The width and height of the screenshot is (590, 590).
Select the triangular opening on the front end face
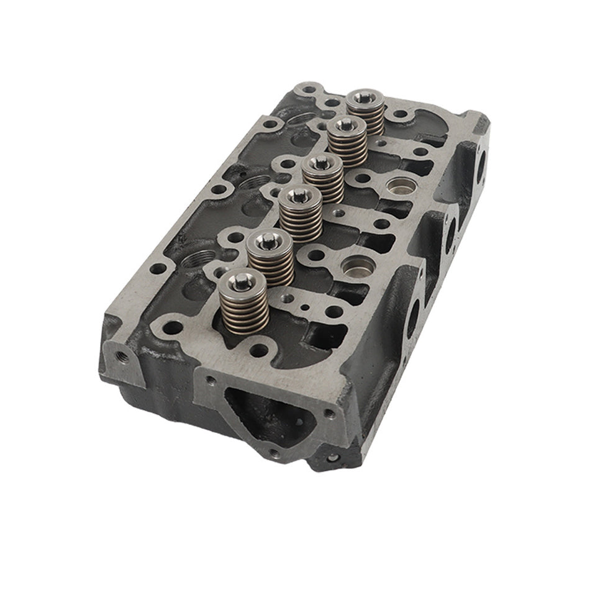pyautogui.click(x=261, y=407)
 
